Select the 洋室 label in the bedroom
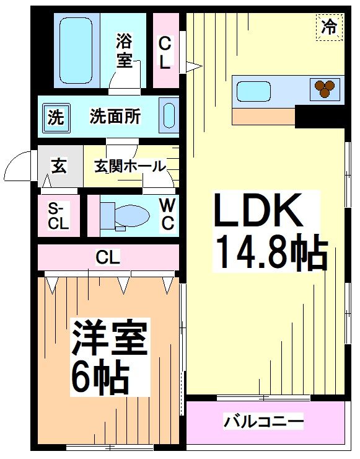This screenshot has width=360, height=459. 109,338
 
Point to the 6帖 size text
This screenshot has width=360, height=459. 99,376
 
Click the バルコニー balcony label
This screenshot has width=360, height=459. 264,423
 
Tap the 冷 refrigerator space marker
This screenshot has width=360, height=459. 329,27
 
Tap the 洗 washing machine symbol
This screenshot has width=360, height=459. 56,117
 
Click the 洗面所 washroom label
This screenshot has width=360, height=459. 115,116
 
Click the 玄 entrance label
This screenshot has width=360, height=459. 59,166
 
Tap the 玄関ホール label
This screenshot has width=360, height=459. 130,166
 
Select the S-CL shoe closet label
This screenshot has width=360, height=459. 58,216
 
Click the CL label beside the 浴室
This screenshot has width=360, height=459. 165,52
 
